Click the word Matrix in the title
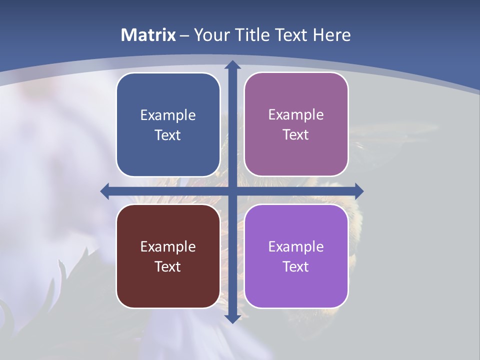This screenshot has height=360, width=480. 148,35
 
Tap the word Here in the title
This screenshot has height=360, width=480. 332,35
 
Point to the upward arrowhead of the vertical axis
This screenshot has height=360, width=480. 232,65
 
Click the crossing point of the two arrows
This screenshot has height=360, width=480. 232,191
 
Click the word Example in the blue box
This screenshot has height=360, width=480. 168,115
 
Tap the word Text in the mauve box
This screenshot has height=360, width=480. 295,135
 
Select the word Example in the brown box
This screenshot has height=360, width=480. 168,246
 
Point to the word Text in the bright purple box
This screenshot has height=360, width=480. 295,266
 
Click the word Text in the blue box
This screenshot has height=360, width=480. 167,135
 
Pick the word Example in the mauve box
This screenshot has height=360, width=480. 296,115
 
